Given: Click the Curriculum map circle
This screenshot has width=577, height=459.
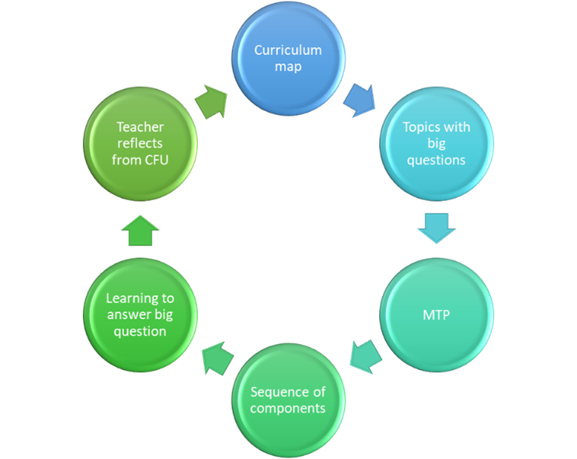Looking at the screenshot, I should pos(288,59).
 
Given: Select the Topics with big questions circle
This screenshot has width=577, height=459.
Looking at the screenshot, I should pos(436,143).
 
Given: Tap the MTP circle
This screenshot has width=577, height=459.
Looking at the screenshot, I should pos(436,314).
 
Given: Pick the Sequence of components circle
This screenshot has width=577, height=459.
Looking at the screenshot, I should pos(288,400).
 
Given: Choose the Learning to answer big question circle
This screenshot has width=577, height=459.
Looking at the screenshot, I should pos(140,314).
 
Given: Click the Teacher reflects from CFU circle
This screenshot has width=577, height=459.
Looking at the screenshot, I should pos(140,143).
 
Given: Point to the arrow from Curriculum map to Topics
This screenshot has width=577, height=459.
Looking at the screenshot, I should pos(360,100).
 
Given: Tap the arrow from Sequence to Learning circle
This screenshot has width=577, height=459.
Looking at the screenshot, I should pos(216,357).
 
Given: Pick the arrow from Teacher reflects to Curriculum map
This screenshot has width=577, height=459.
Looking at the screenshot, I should pos(214,102).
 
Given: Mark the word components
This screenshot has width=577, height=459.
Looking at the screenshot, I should pos(288,409).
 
